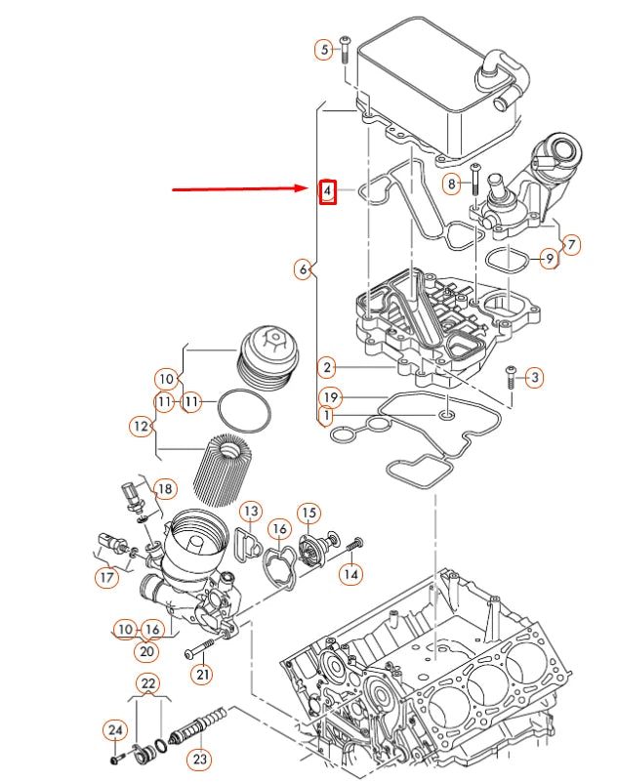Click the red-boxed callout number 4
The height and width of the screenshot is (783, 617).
[329, 191]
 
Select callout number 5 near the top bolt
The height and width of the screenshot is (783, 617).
[323, 50]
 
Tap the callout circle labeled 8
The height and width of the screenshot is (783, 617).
[452, 183]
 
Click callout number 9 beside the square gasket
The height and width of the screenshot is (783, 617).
[549, 259]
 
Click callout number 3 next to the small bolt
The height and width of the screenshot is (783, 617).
[534, 377]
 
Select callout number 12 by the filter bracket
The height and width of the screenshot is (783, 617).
[143, 426]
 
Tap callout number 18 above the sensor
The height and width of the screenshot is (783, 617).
[165, 488]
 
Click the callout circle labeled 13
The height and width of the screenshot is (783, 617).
[250, 511]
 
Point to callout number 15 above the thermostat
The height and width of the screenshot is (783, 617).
[308, 512]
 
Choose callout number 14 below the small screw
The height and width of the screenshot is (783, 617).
[350, 574]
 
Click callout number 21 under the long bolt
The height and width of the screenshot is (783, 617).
[201, 673]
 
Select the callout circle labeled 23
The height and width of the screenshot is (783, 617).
[199, 758]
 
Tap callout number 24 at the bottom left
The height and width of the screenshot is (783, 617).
[115, 729]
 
